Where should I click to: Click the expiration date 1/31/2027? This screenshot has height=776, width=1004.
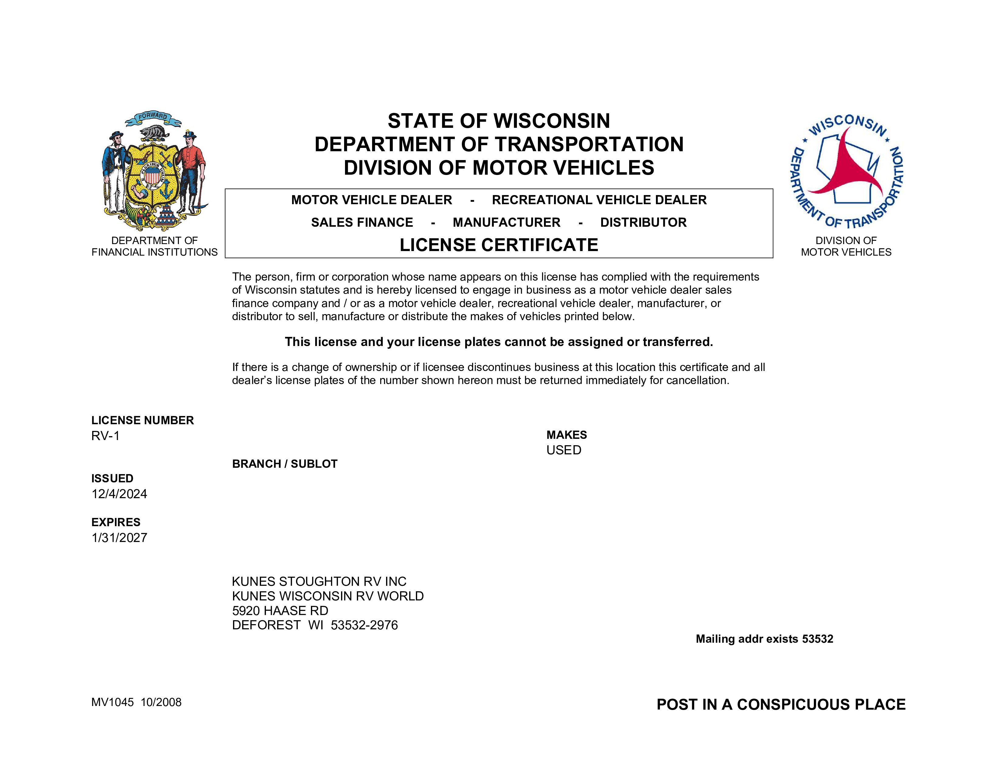119,537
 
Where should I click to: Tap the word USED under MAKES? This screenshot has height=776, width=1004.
563,450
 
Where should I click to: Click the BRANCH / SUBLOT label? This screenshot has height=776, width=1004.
284,464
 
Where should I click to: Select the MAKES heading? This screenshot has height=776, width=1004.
566,435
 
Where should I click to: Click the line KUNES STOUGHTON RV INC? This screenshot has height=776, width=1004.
319,582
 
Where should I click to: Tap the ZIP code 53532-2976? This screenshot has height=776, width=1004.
364,625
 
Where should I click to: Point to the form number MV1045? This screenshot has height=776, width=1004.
113,702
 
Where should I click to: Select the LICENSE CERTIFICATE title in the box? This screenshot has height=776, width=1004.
499,245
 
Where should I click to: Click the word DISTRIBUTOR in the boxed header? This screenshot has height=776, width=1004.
643,222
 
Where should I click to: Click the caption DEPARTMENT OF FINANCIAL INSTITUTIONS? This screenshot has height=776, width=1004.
155,246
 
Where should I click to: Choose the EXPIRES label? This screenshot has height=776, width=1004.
116,522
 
